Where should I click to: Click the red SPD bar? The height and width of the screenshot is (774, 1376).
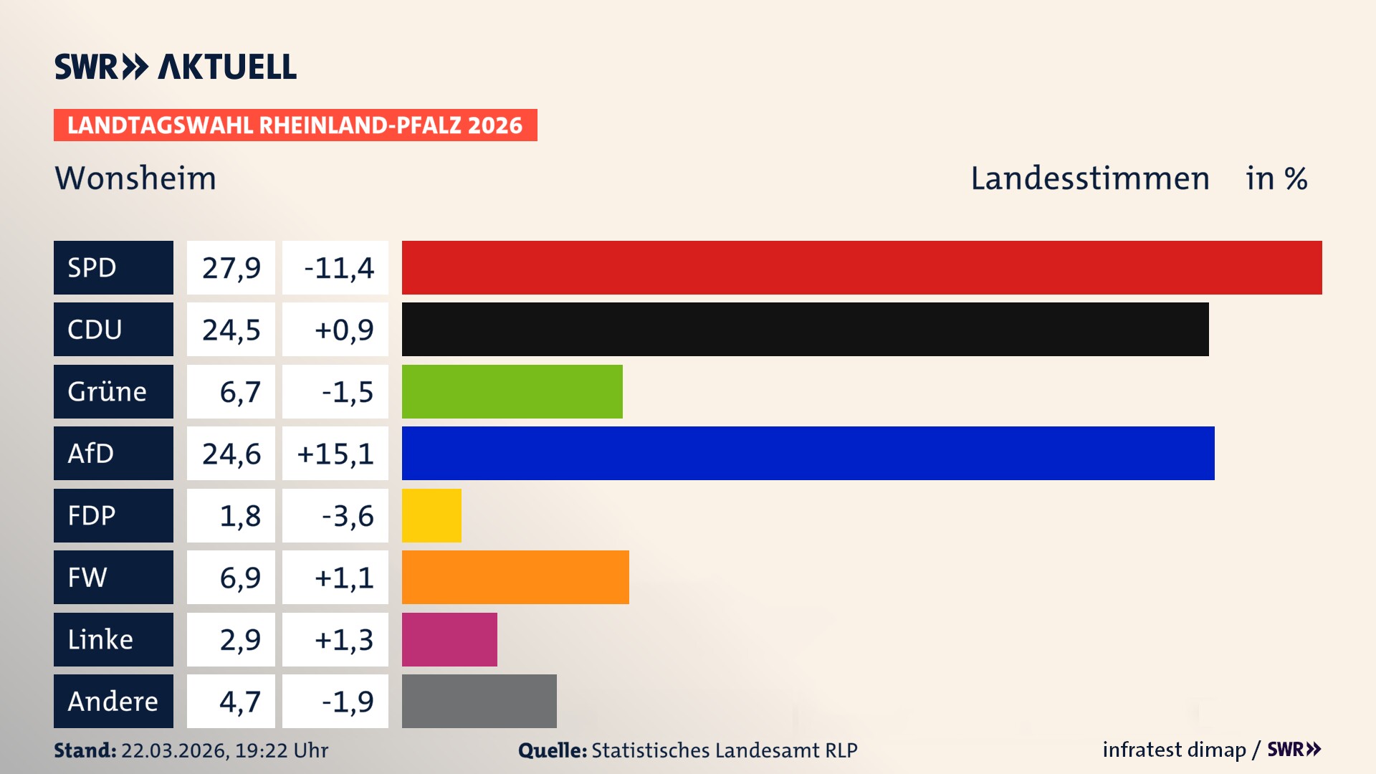tap(861, 267)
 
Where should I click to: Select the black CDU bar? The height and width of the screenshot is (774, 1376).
tap(805, 330)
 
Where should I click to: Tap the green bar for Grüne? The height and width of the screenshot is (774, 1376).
tap(512, 391)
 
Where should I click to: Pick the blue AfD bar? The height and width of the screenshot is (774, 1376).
tap(808, 453)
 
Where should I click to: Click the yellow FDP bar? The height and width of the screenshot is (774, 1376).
tap(431, 515)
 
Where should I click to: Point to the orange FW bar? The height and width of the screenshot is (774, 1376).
tap(515, 577)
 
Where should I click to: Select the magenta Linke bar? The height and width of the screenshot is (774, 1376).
tap(449, 639)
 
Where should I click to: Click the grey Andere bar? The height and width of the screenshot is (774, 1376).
tap(479, 701)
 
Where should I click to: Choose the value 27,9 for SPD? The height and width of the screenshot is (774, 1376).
tap(231, 268)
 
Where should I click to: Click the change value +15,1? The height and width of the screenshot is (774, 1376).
tap(335, 454)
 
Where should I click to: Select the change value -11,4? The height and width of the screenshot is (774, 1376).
tap(338, 268)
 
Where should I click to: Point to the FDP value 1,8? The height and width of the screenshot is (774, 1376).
tap(239, 516)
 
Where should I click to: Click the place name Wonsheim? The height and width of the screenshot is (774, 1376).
tap(135, 178)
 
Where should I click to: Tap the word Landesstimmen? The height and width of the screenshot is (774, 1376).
tap(1089, 178)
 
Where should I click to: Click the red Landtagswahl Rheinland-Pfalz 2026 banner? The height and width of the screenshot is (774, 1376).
tap(295, 125)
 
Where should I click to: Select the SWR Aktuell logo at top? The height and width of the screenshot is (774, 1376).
tap(176, 67)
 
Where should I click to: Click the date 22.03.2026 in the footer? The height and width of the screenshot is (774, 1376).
tap(174, 750)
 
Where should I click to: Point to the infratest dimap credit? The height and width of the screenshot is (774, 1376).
tap(1174, 750)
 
